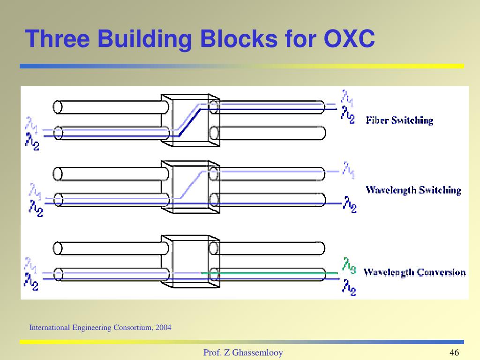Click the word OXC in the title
[x=349, y=39]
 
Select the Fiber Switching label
[x=399, y=120]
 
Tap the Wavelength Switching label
[x=413, y=190]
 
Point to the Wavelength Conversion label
[x=415, y=272]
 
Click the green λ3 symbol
[x=349, y=265]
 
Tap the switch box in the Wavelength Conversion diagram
[x=190, y=262]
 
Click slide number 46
[x=454, y=353]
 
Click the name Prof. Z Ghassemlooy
[x=243, y=353]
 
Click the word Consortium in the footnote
[x=132, y=328]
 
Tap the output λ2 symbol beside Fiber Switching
[x=348, y=114]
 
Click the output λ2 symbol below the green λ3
[x=349, y=287]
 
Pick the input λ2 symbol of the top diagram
[x=32, y=142]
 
